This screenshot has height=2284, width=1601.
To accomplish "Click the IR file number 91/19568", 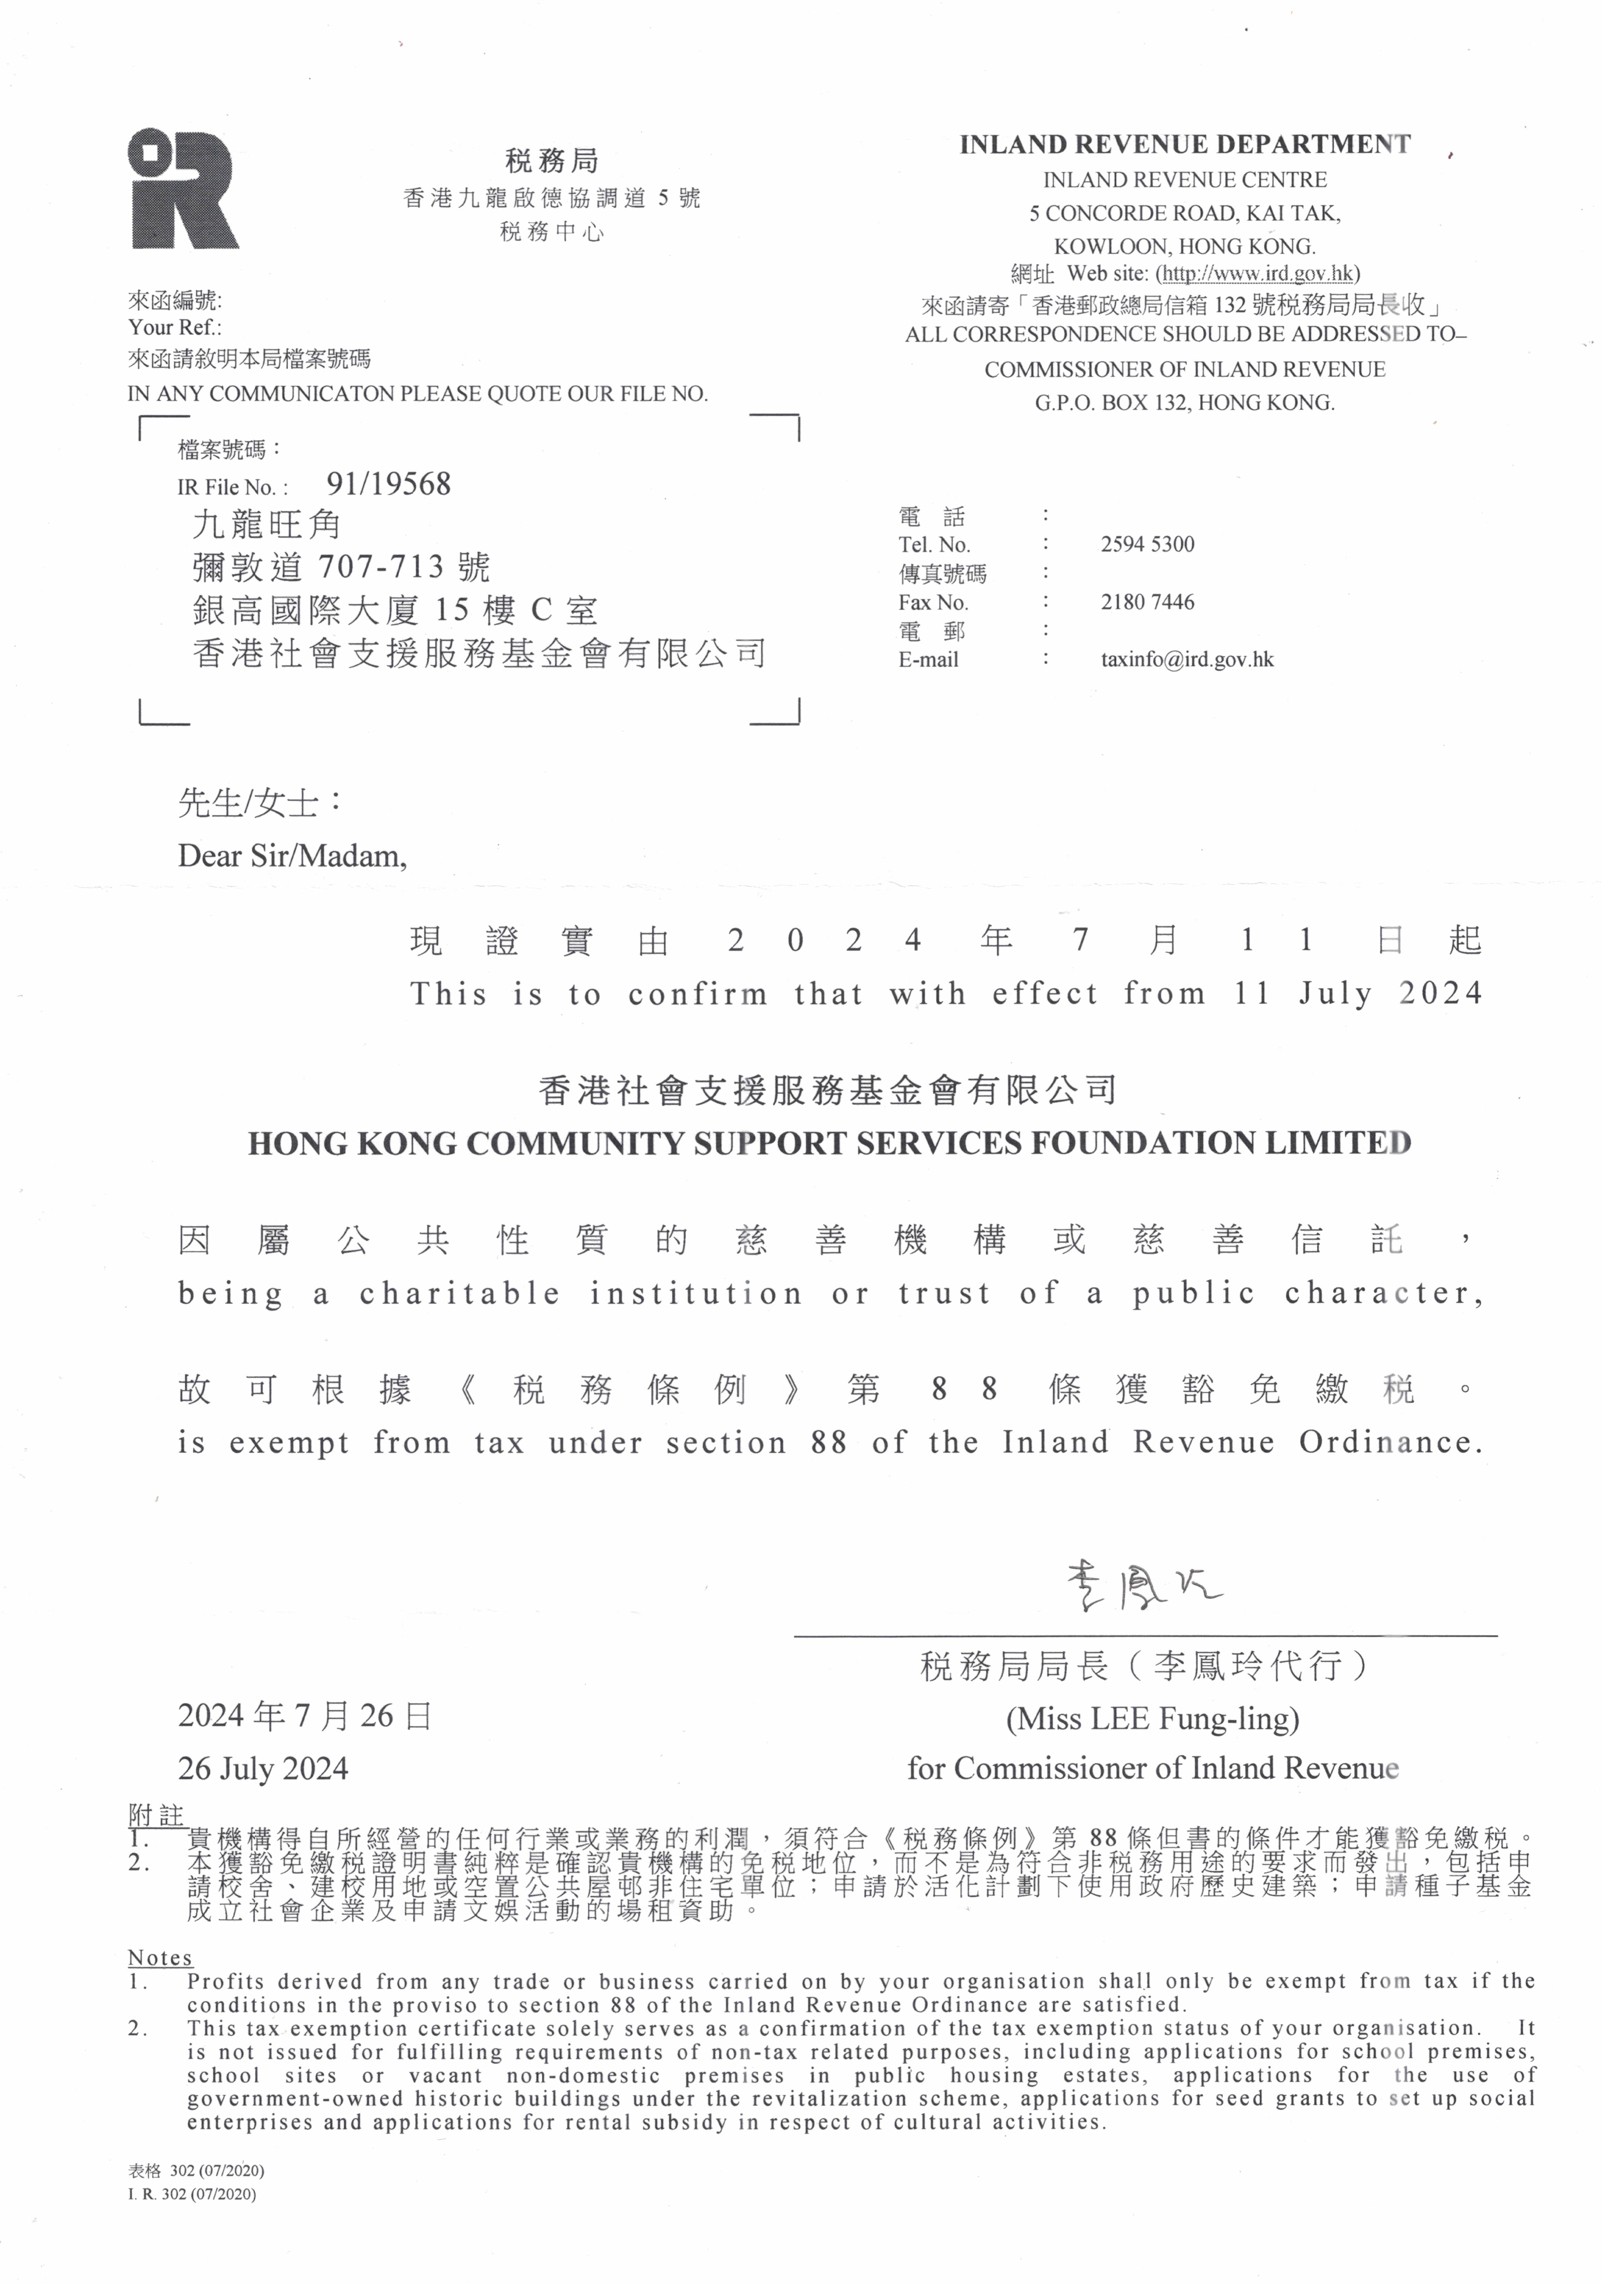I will pyautogui.click(x=388, y=485).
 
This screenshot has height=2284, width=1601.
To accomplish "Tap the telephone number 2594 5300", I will pyautogui.click(x=1147, y=544).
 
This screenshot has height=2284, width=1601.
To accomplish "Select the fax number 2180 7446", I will pyautogui.click(x=1147, y=602).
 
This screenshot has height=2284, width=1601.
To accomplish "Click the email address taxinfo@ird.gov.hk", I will pyautogui.click(x=1186, y=660).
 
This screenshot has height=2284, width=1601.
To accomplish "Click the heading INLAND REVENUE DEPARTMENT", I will pyautogui.click(x=1183, y=144).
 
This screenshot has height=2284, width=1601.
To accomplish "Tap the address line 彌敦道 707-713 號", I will pyautogui.click(x=341, y=567).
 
